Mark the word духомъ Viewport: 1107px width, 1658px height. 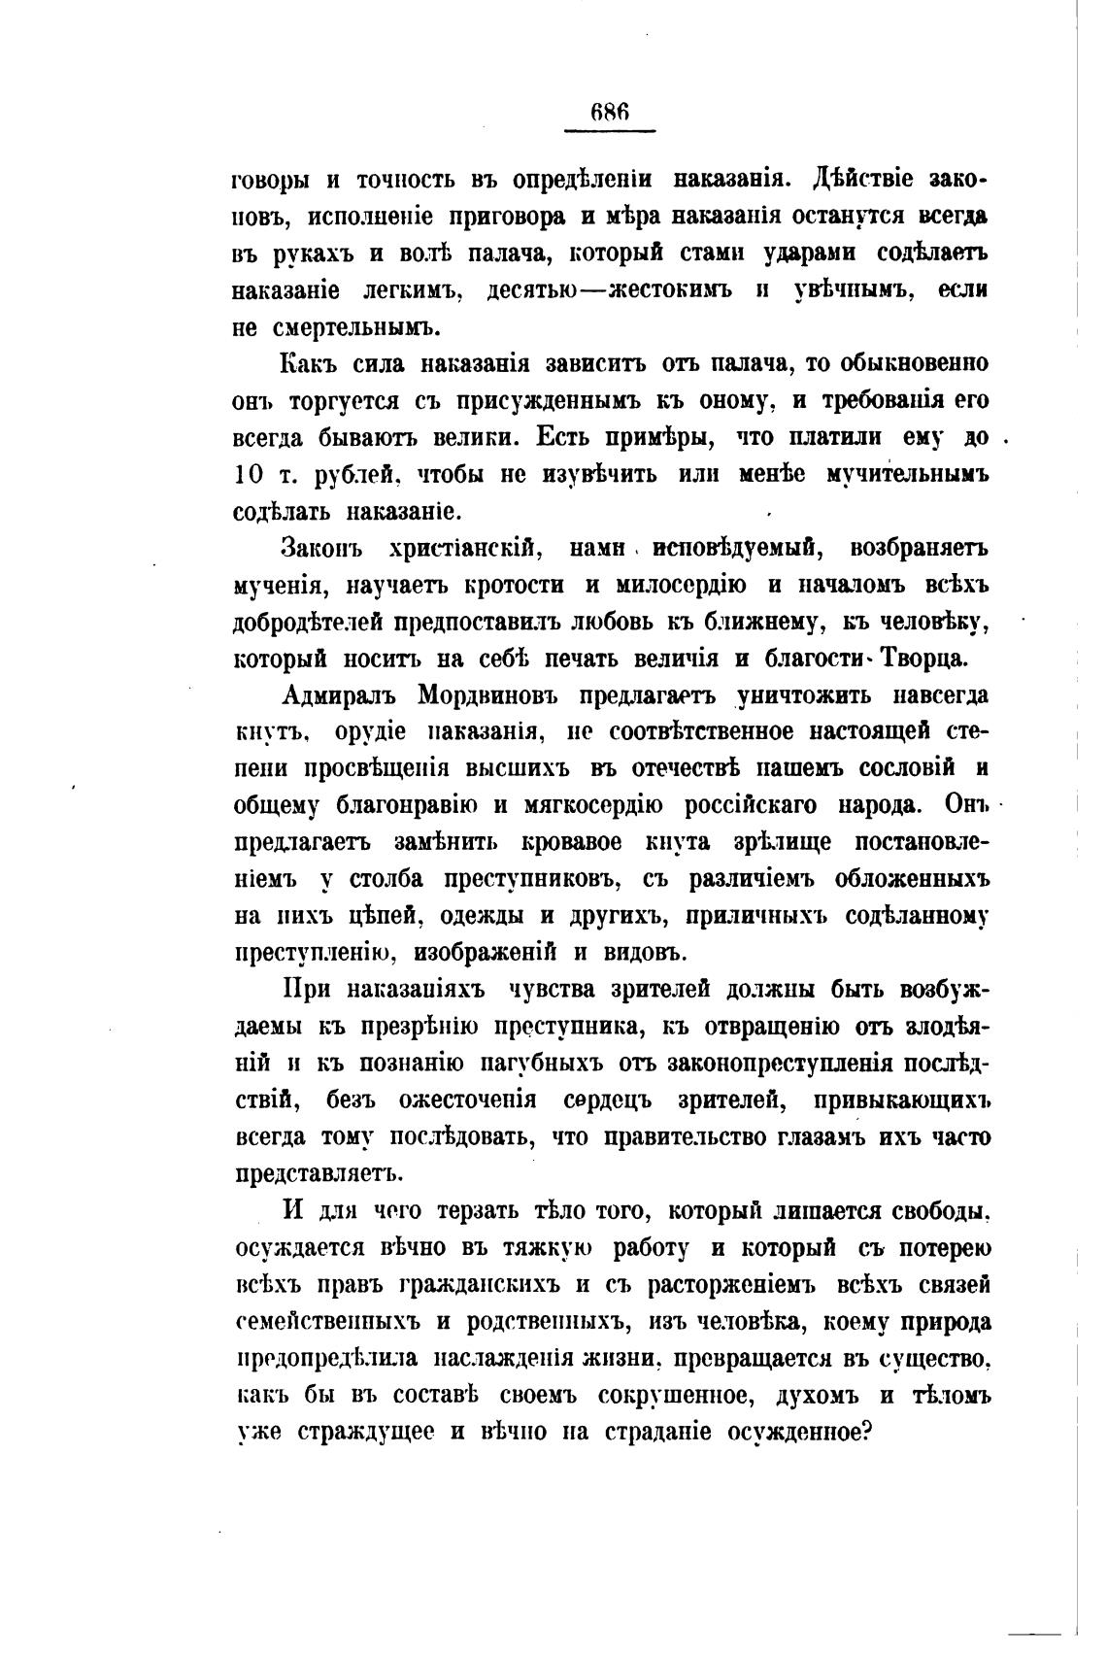821,1394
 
